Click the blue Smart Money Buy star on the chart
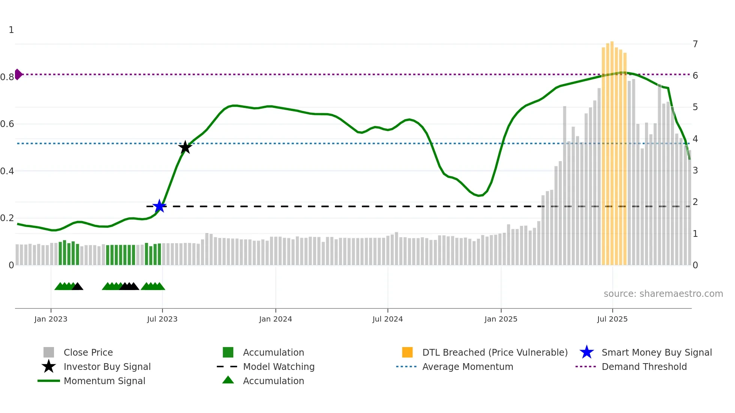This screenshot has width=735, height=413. tap(159, 206)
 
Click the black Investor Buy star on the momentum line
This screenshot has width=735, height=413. tap(185, 147)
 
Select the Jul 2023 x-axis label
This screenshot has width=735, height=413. tap(162, 319)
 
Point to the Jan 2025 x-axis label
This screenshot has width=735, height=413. tap(501, 319)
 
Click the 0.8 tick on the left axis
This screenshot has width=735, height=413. tap(7, 77)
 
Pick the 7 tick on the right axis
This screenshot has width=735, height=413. tap(695, 44)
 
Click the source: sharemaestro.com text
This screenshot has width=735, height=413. tap(663, 293)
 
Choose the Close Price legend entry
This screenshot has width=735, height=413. tap(88, 352)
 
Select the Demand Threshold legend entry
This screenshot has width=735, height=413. tap(644, 367)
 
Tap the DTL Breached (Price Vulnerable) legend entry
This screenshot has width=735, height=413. tap(495, 352)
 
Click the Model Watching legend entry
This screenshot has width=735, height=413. tap(279, 367)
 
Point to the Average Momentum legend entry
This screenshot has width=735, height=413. tap(467, 367)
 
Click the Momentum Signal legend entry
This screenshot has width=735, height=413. tap(104, 381)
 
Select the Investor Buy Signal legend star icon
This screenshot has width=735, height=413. tap(49, 367)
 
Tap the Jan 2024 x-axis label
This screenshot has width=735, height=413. tap(275, 319)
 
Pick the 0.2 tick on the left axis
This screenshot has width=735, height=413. tap(7, 218)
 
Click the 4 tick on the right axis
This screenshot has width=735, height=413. tap(695, 139)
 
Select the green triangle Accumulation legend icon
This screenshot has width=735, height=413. tap(228, 380)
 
